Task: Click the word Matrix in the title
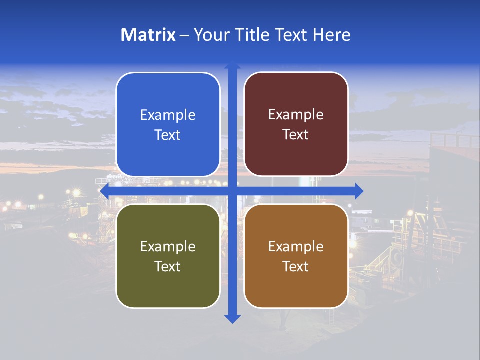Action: point(148,35)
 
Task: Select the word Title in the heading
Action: point(252,35)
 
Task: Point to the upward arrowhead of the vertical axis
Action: point(232,64)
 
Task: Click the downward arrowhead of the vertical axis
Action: point(232,318)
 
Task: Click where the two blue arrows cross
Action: point(232,191)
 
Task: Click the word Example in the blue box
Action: point(168,115)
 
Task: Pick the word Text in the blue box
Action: point(168,135)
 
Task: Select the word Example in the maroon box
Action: point(296,115)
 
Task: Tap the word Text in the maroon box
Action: point(296,135)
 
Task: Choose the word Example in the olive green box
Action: point(168,247)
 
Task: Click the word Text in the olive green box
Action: point(168,267)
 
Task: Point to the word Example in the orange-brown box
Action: point(296,247)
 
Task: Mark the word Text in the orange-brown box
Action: point(296,267)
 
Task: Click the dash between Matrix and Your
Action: point(184,35)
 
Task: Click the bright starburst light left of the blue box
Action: point(76,192)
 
